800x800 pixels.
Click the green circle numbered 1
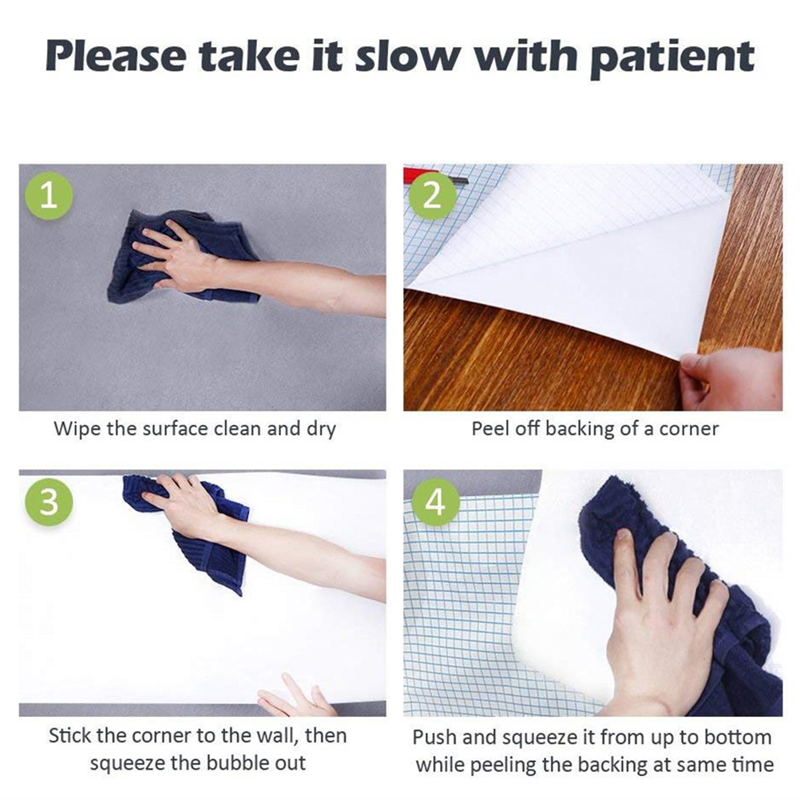(x=49, y=196)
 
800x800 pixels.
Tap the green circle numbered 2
(x=432, y=196)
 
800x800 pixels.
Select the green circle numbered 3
(x=49, y=501)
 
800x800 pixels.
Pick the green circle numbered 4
(x=435, y=501)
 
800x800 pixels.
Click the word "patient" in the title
(x=672, y=57)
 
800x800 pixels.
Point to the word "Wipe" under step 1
(x=77, y=429)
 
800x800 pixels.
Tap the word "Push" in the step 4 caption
(x=433, y=737)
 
